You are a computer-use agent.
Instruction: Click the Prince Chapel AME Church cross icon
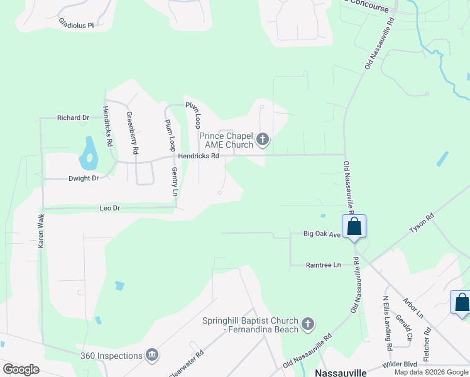pos(263,139)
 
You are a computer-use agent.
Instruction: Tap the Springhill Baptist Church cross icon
pos(307,324)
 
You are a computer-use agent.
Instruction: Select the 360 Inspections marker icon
pos(151,356)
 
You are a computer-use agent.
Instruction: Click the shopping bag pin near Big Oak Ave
pos(354,227)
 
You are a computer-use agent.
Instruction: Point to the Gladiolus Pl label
pos(76,25)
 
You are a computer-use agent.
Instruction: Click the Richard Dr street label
pos(73,117)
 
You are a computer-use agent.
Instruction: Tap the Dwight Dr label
pos(84,178)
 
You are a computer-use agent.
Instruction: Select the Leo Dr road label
pos(109,207)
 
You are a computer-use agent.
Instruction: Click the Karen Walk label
pos(41,232)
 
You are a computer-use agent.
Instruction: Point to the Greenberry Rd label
pos(132,133)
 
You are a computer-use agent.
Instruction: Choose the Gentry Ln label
pos(175,182)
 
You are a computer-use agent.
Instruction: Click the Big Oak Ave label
pos(322,234)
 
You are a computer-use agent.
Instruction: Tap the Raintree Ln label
pos(323,265)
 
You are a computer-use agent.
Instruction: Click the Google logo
pos(21,369)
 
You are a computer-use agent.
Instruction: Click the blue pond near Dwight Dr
pos(89,153)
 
